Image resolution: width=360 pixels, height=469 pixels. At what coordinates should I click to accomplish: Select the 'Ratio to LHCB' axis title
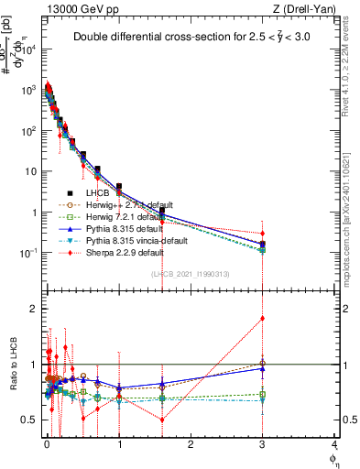[x=17, y=365]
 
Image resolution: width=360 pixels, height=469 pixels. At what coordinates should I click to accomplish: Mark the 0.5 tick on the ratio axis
[x=32, y=420]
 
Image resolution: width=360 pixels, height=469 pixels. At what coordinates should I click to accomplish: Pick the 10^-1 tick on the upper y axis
[x=30, y=253]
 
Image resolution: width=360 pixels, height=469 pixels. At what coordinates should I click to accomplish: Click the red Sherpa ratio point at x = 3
[x=263, y=319]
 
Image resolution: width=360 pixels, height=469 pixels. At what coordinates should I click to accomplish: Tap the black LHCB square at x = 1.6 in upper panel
[x=161, y=211]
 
